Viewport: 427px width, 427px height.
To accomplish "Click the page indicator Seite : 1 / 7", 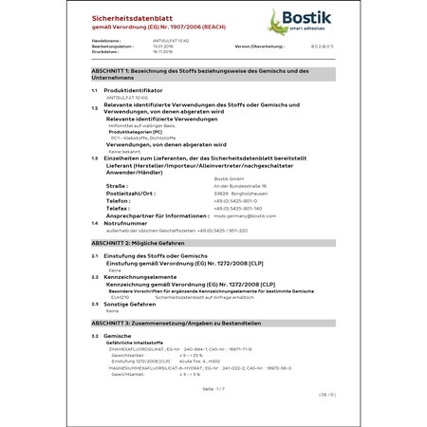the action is click(x=213, y=389).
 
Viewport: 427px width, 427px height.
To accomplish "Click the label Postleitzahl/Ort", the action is click(x=130, y=194).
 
